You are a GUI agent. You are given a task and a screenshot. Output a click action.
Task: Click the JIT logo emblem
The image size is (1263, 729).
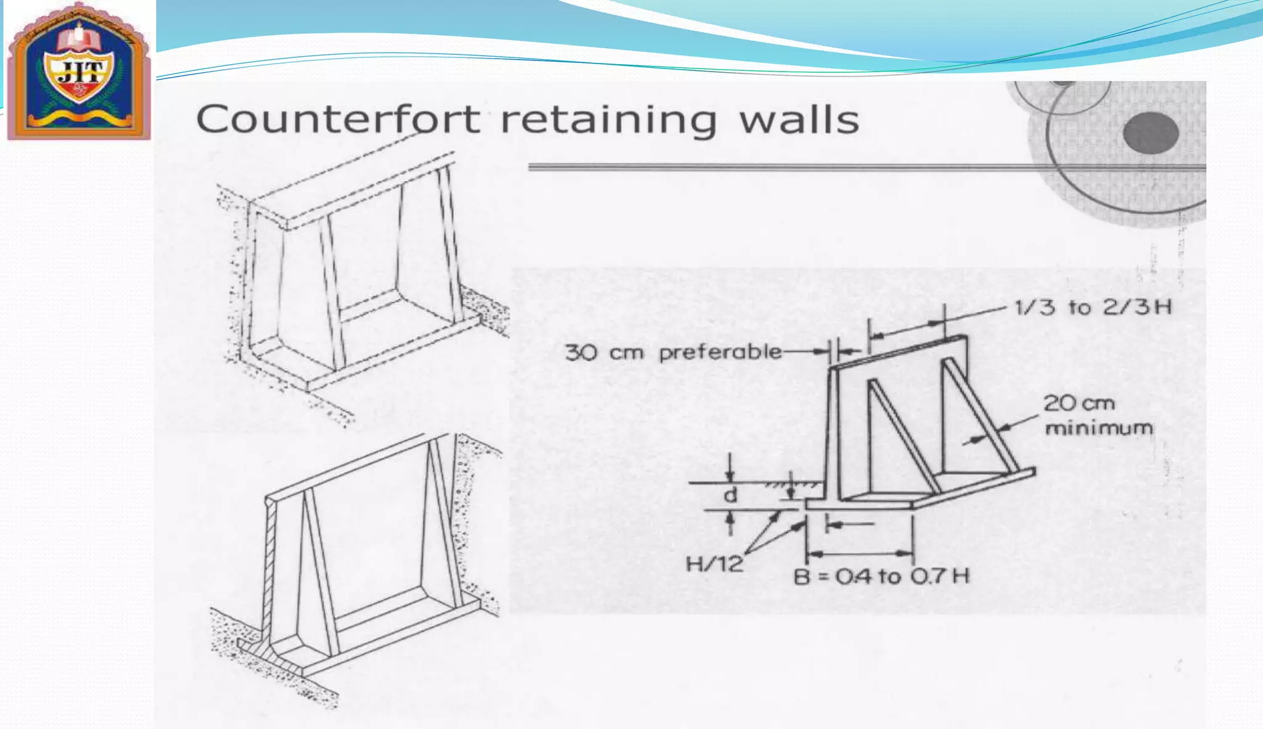tap(79, 71)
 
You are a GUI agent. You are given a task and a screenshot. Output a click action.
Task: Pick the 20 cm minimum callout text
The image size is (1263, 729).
tap(1098, 415)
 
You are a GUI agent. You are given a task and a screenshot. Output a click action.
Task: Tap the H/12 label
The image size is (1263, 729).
tap(714, 564)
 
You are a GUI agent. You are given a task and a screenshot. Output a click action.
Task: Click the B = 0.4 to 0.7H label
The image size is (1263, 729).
tap(881, 577)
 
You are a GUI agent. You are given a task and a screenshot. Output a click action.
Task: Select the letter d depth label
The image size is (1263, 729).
tap(730, 495)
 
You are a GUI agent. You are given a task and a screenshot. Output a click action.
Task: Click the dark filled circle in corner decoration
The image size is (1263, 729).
tap(1151, 133)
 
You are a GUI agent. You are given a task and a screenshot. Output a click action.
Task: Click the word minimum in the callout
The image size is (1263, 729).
tap(1098, 427)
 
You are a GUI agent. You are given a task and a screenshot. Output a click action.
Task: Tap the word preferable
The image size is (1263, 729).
tap(720, 353)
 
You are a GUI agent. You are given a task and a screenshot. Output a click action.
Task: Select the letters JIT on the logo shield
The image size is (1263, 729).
tap(79, 73)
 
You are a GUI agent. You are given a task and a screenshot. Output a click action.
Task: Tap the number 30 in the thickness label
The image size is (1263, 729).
tap(581, 353)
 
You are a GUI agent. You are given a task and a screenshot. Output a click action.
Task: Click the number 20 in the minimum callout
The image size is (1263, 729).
tap(1059, 403)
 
